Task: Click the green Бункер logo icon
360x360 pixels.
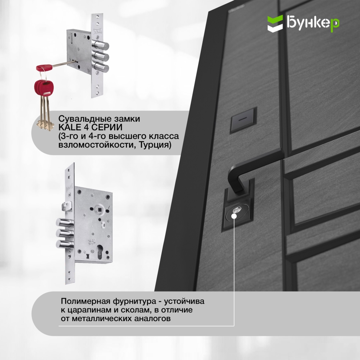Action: click(275, 23)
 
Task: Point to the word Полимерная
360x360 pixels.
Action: click(85, 301)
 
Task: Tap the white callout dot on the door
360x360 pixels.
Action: click(234, 216)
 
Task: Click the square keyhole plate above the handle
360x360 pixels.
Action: click(243, 120)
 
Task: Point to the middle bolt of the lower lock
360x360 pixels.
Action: click(65, 233)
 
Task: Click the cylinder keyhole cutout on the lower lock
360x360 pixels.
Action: click(100, 251)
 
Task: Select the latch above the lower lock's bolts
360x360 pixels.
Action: click(67, 206)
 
